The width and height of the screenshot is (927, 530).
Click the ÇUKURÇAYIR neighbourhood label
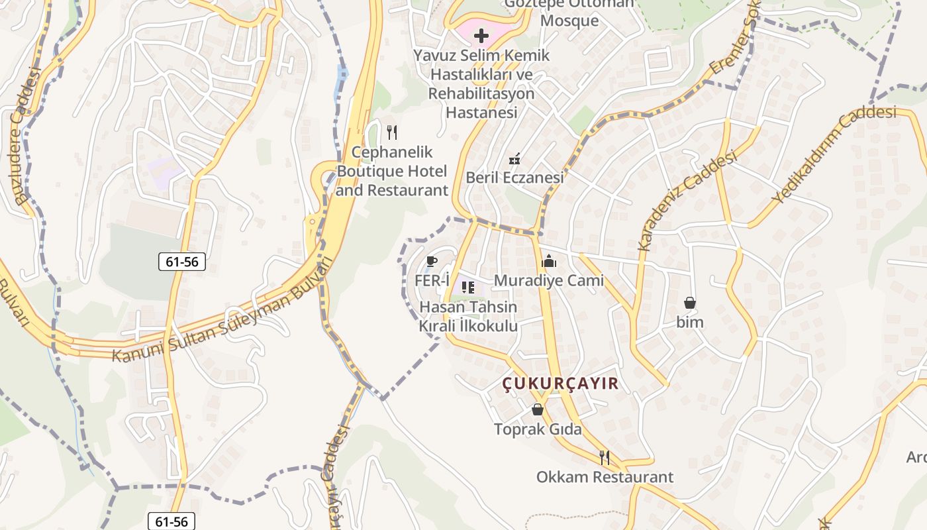(560, 384)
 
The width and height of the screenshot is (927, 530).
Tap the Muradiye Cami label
(549, 280)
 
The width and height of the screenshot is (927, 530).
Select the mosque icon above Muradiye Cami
(549, 261)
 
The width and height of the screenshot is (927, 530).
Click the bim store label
(690, 322)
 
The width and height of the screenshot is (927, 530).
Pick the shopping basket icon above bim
(690, 303)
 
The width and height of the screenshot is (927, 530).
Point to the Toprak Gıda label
(538, 429)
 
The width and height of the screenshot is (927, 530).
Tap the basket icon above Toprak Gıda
(538, 409)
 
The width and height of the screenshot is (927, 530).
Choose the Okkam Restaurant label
(605, 477)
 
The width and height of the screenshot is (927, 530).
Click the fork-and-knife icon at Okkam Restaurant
(605, 457)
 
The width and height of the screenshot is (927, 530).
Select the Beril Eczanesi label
(514, 178)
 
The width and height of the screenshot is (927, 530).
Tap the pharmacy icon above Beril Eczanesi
(514, 158)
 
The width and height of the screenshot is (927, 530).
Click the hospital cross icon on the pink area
(481, 35)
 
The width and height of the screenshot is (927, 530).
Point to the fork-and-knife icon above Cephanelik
(392, 132)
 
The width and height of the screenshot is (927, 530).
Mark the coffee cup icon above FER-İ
(432, 261)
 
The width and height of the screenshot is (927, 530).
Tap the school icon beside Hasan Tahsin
(468, 287)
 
